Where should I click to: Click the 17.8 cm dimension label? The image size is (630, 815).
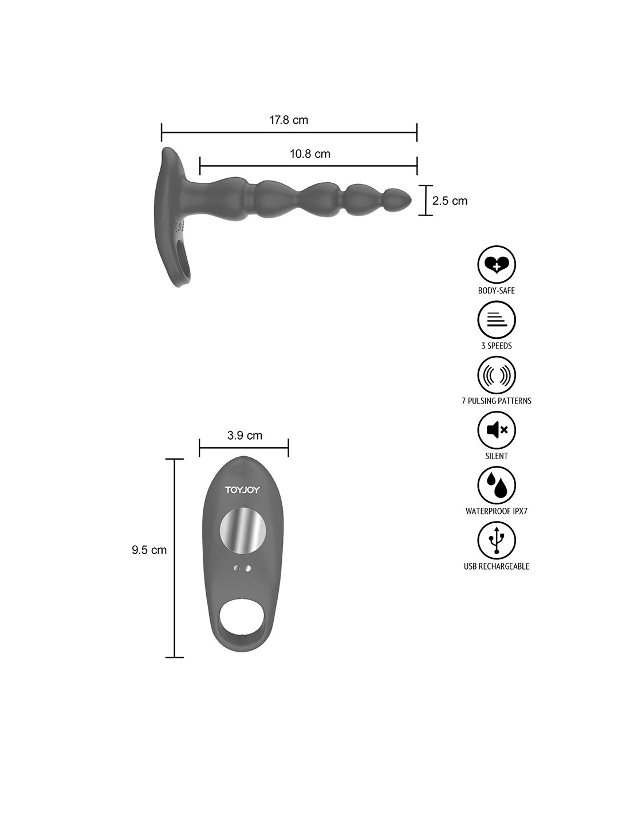click(x=289, y=120)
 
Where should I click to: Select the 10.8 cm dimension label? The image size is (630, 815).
click(x=310, y=154)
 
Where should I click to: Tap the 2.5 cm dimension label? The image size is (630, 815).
click(x=450, y=201)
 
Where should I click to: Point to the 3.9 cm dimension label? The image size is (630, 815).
click(x=245, y=436)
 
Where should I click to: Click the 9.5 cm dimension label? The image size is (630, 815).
click(x=149, y=550)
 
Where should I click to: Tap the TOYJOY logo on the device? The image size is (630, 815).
click(x=242, y=490)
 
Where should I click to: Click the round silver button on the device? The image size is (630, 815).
click(x=243, y=531)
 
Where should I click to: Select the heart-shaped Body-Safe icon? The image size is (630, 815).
click(x=496, y=265)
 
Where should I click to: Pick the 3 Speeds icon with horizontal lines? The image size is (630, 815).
click(x=496, y=320)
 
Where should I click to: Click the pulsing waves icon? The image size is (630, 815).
click(x=496, y=375)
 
